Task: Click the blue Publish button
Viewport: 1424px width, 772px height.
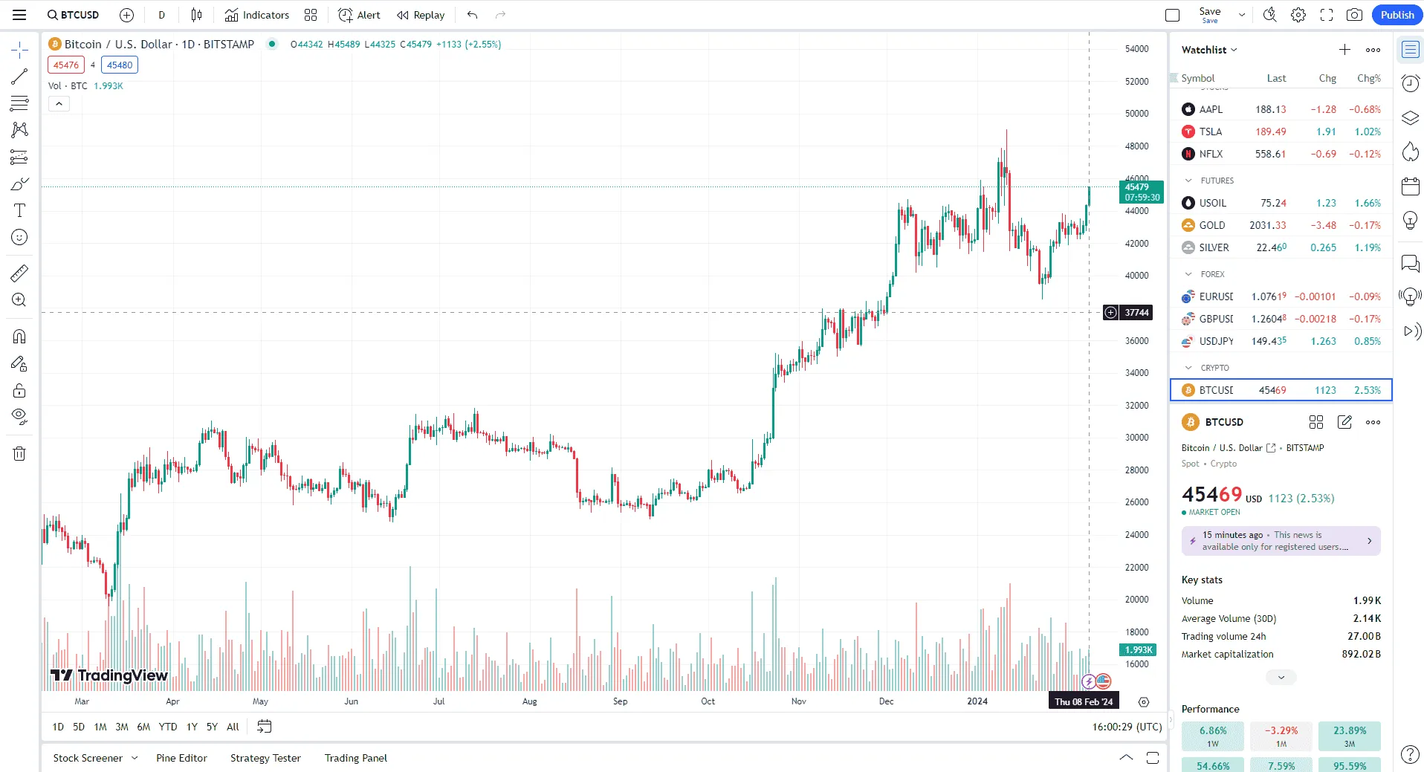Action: pyautogui.click(x=1397, y=15)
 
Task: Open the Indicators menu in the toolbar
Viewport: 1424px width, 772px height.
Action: pyautogui.click(x=257, y=15)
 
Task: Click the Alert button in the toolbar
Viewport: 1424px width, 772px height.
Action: pyautogui.click(x=360, y=15)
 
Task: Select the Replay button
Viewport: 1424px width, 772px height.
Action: pyautogui.click(x=421, y=15)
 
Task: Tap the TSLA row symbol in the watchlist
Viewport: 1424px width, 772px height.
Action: pyautogui.click(x=1210, y=132)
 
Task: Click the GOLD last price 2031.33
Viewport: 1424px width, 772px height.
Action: pyautogui.click(x=1267, y=225)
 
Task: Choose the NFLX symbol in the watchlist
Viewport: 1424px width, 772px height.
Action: pyautogui.click(x=1211, y=154)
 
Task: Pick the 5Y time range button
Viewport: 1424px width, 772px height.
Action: pyautogui.click(x=212, y=727)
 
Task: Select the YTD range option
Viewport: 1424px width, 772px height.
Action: pyautogui.click(x=168, y=727)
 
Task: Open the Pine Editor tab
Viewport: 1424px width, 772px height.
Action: pyautogui.click(x=181, y=758)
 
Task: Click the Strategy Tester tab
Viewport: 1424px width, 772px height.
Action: pyautogui.click(x=265, y=758)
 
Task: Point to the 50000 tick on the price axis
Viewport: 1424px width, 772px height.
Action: pyautogui.click(x=1136, y=114)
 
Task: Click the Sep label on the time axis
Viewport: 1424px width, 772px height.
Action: pyautogui.click(x=620, y=701)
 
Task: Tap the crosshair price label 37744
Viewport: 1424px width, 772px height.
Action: pyautogui.click(x=1136, y=313)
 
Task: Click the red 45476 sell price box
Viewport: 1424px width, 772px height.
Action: pyautogui.click(x=66, y=65)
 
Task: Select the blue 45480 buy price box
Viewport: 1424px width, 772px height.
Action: pyautogui.click(x=120, y=65)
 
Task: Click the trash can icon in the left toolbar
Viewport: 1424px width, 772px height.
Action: pyautogui.click(x=19, y=454)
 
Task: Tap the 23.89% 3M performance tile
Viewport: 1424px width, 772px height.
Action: pyautogui.click(x=1349, y=735)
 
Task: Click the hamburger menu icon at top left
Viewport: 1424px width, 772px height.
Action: pyautogui.click(x=19, y=15)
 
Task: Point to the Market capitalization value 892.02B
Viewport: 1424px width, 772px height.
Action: pyautogui.click(x=1361, y=654)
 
